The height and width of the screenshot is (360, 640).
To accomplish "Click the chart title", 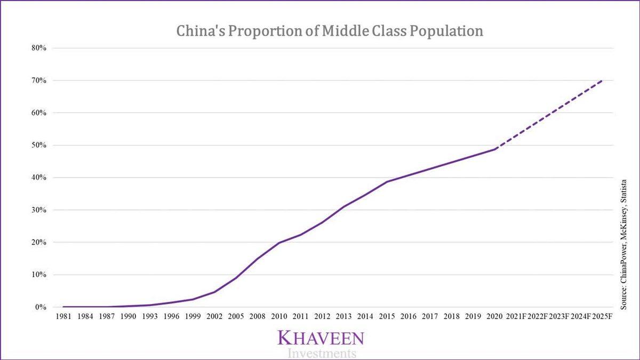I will tap(330, 31).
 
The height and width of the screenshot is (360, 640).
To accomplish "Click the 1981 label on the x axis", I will tap(63, 317).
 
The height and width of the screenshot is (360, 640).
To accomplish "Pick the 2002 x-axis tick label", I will tap(214, 317).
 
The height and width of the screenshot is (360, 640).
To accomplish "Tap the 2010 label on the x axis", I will tap(279, 317).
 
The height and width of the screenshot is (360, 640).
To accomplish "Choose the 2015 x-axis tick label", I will tap(387, 317).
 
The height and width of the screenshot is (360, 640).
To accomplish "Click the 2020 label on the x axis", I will tap(495, 317).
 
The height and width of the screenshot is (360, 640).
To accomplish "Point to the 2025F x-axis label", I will tap(603, 317).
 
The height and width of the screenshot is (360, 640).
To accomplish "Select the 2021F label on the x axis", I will tap(516, 317).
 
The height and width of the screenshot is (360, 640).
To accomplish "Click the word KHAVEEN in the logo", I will tap(321, 338).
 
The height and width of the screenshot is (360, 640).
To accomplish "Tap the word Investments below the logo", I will tap(321, 353).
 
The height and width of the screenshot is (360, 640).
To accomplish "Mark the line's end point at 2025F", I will tap(603, 81).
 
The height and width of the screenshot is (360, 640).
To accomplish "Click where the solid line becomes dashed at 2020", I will tap(495, 149).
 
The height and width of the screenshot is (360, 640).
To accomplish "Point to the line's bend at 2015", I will tap(387, 182).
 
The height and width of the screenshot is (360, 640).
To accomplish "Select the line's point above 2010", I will tap(279, 243).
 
